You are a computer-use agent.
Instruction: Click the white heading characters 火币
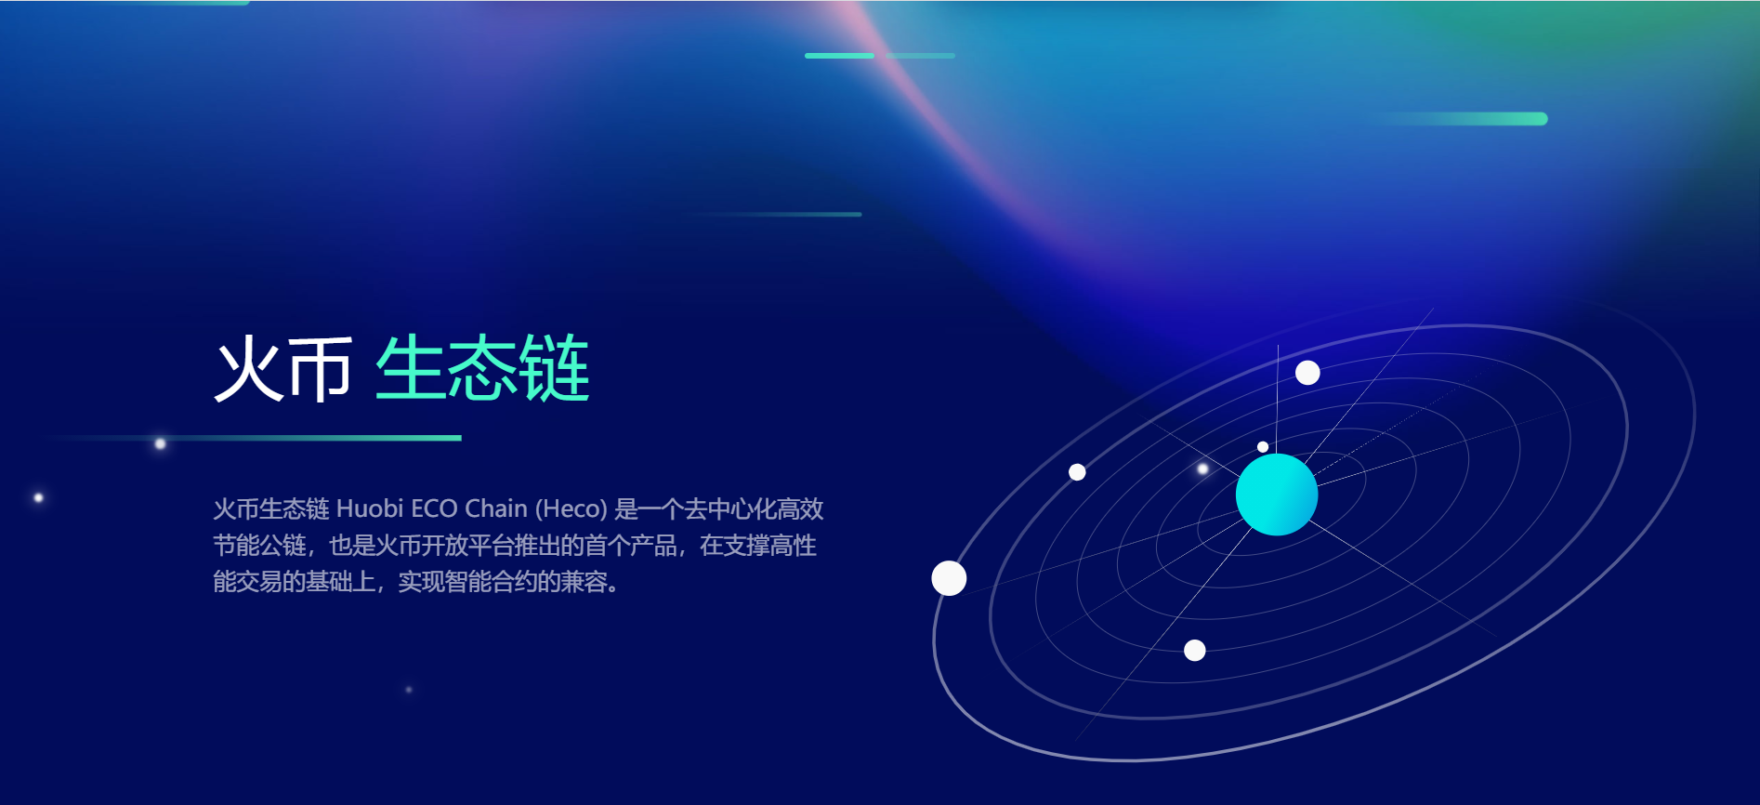point(283,369)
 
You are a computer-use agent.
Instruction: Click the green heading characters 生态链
point(482,369)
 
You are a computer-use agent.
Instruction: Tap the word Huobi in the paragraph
point(369,508)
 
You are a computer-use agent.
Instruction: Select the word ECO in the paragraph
point(433,508)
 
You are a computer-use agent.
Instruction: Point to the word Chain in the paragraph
point(495,508)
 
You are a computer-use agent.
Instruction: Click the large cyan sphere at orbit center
point(1276,495)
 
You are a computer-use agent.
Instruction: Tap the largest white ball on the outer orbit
point(949,578)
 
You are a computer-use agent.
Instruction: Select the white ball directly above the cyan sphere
point(1307,373)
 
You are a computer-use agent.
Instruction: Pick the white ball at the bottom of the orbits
point(1195,651)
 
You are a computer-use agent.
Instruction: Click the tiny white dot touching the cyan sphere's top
point(1263,447)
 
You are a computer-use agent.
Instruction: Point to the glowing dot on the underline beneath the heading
point(160,443)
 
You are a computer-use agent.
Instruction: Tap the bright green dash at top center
point(839,56)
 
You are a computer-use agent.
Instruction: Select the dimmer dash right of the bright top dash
point(920,56)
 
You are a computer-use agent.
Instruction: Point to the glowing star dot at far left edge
point(38,498)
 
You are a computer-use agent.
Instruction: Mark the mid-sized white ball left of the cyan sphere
point(1077,472)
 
